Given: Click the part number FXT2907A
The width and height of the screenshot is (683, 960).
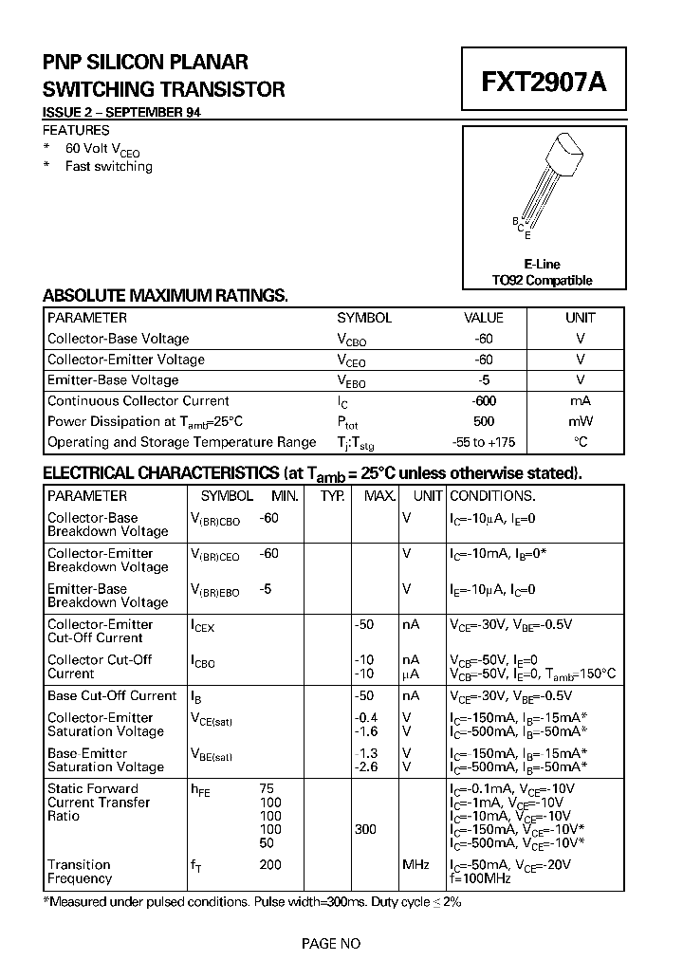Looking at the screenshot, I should click(x=543, y=82).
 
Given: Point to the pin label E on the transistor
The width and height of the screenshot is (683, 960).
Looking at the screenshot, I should click(x=527, y=234).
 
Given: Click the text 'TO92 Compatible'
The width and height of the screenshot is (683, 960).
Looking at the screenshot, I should click(x=542, y=280).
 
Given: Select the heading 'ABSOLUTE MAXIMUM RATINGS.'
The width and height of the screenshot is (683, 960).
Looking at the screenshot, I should click(x=165, y=296).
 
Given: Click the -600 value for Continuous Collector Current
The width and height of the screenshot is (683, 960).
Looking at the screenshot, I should click(x=483, y=401).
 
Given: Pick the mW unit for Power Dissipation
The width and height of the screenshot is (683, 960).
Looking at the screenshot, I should click(x=581, y=422).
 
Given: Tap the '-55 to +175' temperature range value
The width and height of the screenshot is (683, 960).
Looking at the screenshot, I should click(x=483, y=443).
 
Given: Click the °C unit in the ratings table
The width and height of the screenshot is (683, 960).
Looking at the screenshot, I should click(x=581, y=443).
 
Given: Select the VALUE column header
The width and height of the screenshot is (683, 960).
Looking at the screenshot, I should click(x=483, y=319).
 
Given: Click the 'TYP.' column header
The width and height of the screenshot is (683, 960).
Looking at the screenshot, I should click(x=332, y=496).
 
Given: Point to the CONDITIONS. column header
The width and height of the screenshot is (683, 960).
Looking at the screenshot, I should click(x=492, y=496).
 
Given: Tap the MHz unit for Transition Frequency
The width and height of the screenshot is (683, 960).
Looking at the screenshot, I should click(x=415, y=865).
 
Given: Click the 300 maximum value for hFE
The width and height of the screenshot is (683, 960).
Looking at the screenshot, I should click(x=365, y=829).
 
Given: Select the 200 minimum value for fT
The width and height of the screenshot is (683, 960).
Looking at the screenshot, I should click(x=270, y=865).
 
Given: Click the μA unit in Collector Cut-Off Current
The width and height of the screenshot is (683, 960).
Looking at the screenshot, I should click(x=411, y=674).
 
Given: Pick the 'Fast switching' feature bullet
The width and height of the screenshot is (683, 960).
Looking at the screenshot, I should click(x=108, y=167).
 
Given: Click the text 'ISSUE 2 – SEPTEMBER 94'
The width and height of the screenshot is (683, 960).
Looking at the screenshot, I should click(x=120, y=113).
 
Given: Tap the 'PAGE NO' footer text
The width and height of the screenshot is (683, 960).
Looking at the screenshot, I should click(x=331, y=943).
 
